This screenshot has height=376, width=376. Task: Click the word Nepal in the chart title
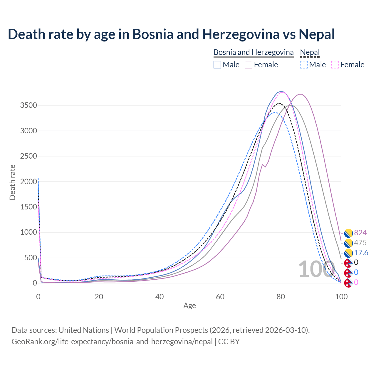[x=317, y=34]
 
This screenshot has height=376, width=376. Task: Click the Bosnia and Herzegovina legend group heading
[x=254, y=52]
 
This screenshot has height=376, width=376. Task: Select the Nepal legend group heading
[x=310, y=52]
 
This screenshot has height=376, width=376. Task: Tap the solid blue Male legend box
[x=217, y=65]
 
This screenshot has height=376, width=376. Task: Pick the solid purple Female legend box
[x=249, y=65]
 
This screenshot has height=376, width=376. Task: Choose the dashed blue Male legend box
[x=304, y=65]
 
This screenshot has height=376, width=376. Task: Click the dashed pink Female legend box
[x=335, y=65]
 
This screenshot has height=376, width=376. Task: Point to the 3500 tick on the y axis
[x=28, y=105]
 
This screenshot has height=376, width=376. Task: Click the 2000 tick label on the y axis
[x=28, y=182]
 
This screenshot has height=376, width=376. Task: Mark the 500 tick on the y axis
[x=31, y=258]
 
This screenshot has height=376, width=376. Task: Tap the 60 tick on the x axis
[x=220, y=297]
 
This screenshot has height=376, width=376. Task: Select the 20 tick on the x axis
[x=99, y=297]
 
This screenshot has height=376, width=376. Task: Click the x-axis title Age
[x=189, y=305]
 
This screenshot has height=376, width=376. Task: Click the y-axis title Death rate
[x=12, y=182]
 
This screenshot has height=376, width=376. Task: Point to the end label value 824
[x=360, y=233]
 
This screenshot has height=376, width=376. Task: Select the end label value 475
[x=360, y=243]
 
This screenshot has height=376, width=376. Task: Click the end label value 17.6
[x=361, y=253]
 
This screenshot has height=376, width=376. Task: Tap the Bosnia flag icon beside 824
[x=348, y=233]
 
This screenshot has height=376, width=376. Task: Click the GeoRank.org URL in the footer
[x=112, y=342]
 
